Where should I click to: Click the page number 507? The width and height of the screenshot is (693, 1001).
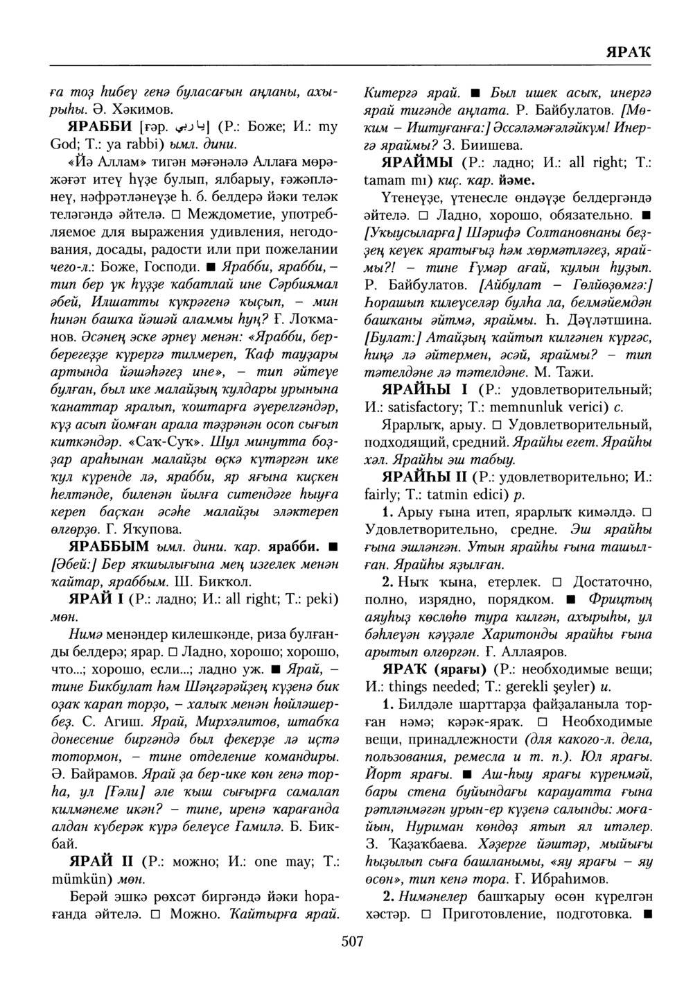point(352,941)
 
